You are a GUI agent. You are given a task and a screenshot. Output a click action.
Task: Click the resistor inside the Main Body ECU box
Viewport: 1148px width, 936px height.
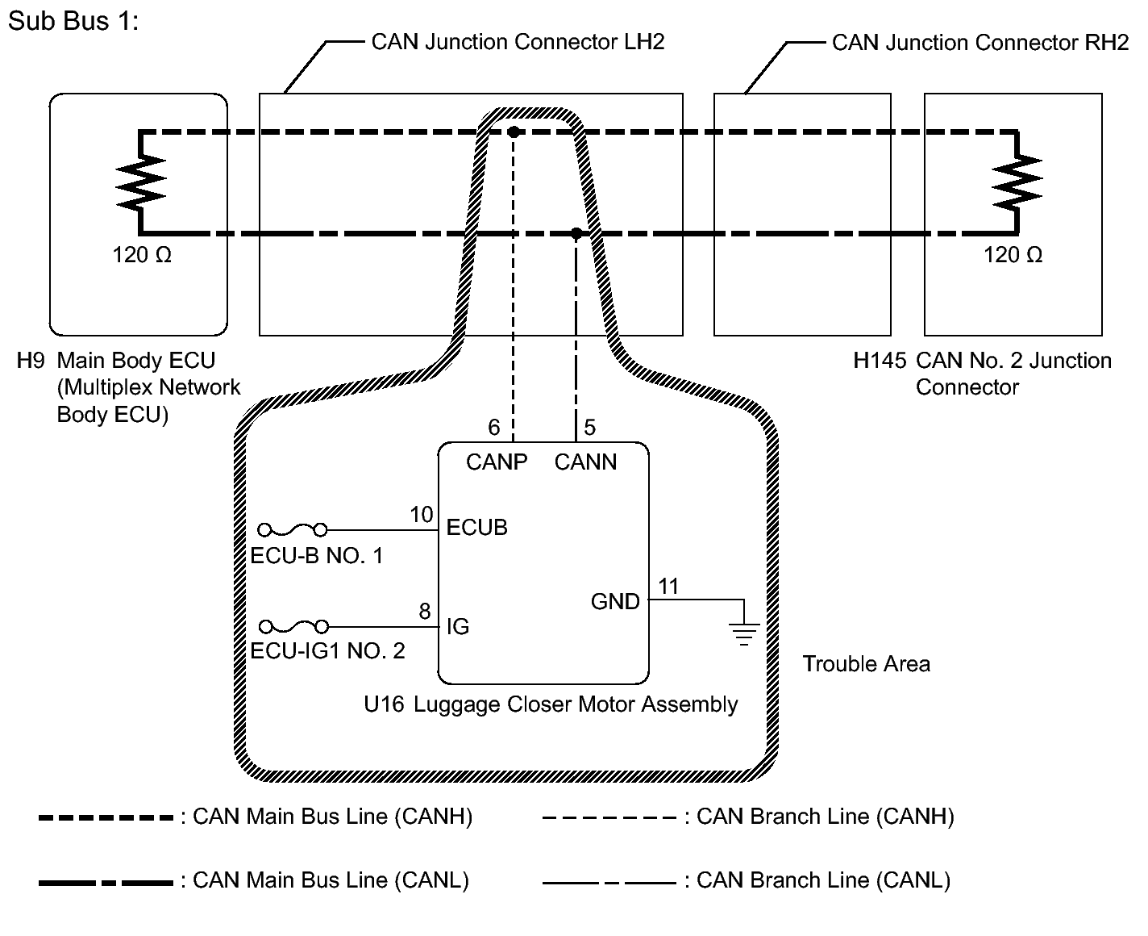click(140, 182)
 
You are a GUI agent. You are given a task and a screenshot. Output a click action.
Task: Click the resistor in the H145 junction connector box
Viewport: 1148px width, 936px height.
click(1017, 182)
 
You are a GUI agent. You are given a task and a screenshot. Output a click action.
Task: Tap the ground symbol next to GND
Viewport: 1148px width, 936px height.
click(744, 634)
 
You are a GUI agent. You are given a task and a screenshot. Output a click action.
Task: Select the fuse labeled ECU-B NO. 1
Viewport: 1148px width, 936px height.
click(293, 530)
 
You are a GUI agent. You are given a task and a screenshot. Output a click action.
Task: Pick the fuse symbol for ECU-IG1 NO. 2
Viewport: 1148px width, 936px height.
click(293, 626)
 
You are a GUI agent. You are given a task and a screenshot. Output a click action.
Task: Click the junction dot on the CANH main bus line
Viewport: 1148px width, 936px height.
click(514, 132)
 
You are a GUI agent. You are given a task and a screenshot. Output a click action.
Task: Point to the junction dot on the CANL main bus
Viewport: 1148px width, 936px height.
click(576, 233)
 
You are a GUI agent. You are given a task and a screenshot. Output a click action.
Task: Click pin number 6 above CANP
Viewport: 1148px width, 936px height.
click(493, 428)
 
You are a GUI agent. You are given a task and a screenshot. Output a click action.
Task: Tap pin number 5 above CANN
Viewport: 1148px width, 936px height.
click(589, 428)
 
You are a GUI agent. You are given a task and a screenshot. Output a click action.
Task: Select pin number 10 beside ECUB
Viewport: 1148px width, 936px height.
click(422, 515)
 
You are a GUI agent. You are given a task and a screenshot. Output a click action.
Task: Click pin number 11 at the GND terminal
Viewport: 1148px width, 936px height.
click(668, 587)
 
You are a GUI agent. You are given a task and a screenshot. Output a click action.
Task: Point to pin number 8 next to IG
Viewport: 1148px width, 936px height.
click(425, 612)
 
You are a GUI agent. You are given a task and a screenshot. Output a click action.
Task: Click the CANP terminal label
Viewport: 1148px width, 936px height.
click(497, 462)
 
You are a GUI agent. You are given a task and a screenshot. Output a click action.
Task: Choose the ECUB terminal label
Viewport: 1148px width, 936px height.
click(477, 528)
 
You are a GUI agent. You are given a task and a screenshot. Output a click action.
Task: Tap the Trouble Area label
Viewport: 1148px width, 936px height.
click(867, 664)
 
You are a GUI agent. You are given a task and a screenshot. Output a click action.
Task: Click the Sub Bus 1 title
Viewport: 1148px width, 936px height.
click(73, 22)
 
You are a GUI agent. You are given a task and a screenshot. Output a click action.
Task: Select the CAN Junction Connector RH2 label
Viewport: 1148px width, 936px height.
click(980, 43)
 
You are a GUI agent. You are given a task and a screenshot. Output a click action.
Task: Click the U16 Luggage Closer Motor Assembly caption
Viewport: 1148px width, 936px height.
click(551, 705)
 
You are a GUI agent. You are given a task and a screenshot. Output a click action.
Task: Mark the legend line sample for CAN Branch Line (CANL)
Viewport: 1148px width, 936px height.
click(609, 883)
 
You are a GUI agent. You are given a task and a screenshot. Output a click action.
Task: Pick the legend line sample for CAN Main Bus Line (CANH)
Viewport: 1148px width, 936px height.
click(106, 818)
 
